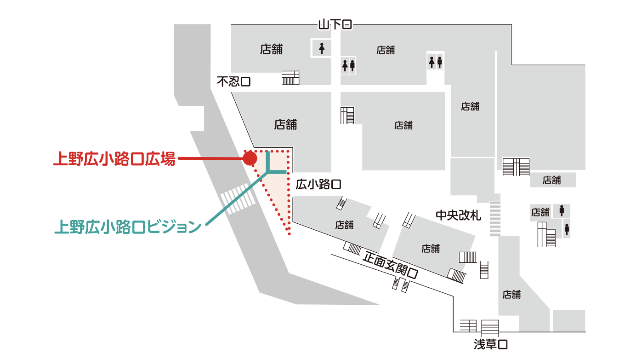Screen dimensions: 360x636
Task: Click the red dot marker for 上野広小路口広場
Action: (250, 159)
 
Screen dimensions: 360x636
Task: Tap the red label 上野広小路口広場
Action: (114, 159)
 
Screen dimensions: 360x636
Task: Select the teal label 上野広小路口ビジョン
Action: (128, 227)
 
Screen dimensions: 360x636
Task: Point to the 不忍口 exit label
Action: (234, 82)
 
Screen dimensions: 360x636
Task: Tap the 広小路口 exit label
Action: (318, 185)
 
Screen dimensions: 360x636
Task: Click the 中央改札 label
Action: (458, 215)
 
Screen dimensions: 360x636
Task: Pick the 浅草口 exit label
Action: (490, 344)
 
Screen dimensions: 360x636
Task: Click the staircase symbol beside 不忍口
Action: (290, 78)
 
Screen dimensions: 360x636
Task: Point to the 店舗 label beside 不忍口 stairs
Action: (272, 49)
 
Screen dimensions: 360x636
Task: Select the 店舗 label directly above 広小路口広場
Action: (285, 124)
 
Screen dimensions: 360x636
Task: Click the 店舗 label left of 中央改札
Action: (344, 225)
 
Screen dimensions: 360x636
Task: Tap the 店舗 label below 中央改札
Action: (431, 248)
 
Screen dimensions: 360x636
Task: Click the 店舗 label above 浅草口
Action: (511, 294)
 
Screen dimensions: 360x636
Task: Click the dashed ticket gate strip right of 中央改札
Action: (494, 218)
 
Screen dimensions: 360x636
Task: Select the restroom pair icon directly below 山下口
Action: (348, 66)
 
